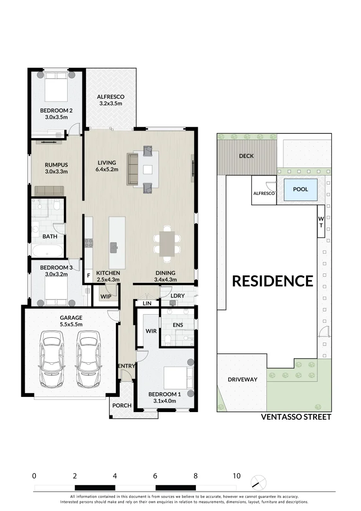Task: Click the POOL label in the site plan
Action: [300, 189]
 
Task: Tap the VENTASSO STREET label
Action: [296, 417]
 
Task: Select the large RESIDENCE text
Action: [272, 281]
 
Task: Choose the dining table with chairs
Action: [167, 244]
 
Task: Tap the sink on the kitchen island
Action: [114, 247]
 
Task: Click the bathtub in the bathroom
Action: [48, 250]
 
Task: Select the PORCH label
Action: [122, 405]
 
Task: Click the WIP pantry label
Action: [105, 296]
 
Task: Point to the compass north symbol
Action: [258, 483]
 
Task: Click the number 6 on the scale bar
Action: [155, 476]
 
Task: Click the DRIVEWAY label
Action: [242, 379]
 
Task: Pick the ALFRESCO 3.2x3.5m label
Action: [111, 100]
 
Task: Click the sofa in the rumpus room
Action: [49, 191]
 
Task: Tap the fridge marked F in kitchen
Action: [88, 275]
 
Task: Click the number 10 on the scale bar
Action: [236, 476]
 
